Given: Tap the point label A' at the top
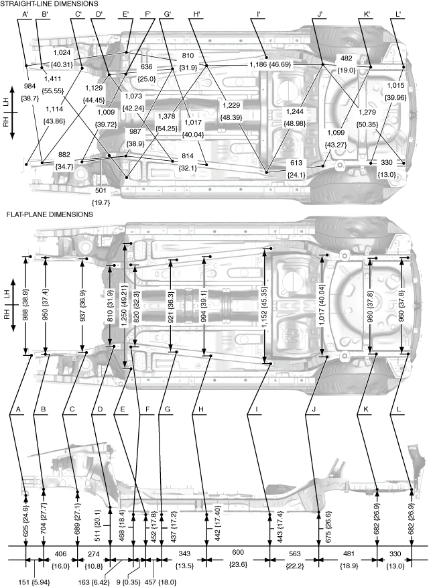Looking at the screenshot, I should click(x=25, y=14).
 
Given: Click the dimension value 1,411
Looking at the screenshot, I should click(x=46, y=79).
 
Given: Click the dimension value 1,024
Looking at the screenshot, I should click(x=62, y=52).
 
